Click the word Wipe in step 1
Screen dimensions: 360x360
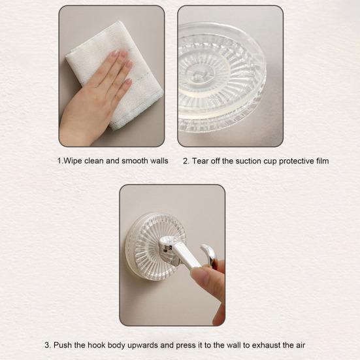click(x=73, y=161)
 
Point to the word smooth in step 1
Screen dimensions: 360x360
click(x=135, y=161)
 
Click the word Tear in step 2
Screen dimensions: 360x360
click(x=201, y=161)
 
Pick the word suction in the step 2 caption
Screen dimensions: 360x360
click(x=249, y=161)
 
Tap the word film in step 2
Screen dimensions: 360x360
click(x=322, y=161)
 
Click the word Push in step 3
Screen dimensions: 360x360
click(x=63, y=345)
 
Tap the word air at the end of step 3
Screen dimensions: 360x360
click(x=300, y=345)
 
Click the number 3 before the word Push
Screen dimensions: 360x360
click(x=47, y=345)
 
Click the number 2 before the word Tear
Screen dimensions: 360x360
click(x=186, y=161)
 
